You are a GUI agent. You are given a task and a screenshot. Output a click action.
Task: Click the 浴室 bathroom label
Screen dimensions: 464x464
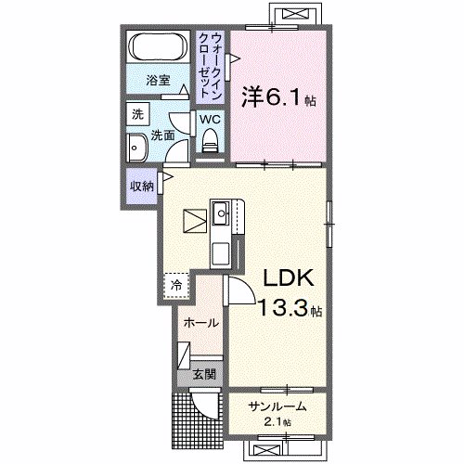tap(159, 82)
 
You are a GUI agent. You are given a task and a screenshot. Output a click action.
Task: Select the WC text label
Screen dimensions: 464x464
tap(208, 119)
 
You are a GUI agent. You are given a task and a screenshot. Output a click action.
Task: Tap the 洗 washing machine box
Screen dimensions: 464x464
tap(137, 115)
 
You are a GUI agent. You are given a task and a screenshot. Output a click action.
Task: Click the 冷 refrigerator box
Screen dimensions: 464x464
tap(174, 285)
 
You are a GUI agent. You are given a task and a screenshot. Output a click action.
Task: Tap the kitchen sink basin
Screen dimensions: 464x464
tap(223, 215)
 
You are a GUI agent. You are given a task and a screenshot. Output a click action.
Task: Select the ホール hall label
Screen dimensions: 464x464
tap(200, 323)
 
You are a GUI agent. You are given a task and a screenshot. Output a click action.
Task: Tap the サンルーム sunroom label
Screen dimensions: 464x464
tap(277, 406)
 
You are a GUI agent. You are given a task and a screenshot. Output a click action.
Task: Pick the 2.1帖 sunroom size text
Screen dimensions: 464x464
tap(276, 422)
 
